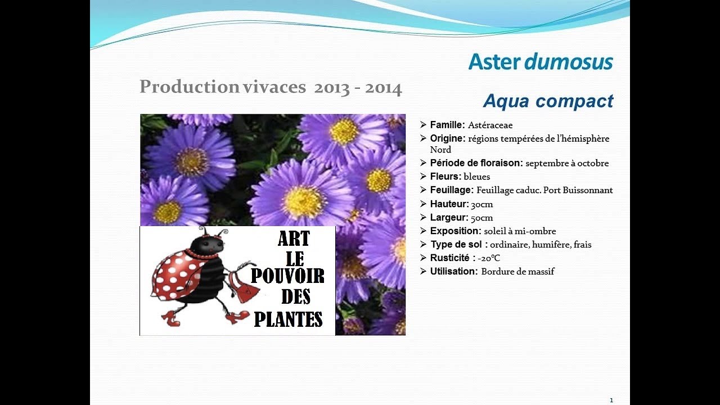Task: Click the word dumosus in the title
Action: click(569, 62)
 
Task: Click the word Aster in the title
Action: click(494, 62)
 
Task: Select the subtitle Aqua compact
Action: click(548, 101)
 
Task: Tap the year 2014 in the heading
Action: click(383, 88)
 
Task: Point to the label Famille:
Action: click(447, 125)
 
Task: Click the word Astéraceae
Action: click(490, 125)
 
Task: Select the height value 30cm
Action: click(482, 204)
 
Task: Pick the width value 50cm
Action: click(482, 218)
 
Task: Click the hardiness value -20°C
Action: click(489, 258)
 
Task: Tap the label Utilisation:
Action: click(454, 271)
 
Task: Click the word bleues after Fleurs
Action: click(476, 177)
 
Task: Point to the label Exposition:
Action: click(455, 231)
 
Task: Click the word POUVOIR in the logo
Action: click(287, 276)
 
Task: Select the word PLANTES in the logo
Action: click(288, 319)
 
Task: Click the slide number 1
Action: click(611, 400)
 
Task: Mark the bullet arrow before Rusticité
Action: click(423, 258)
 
